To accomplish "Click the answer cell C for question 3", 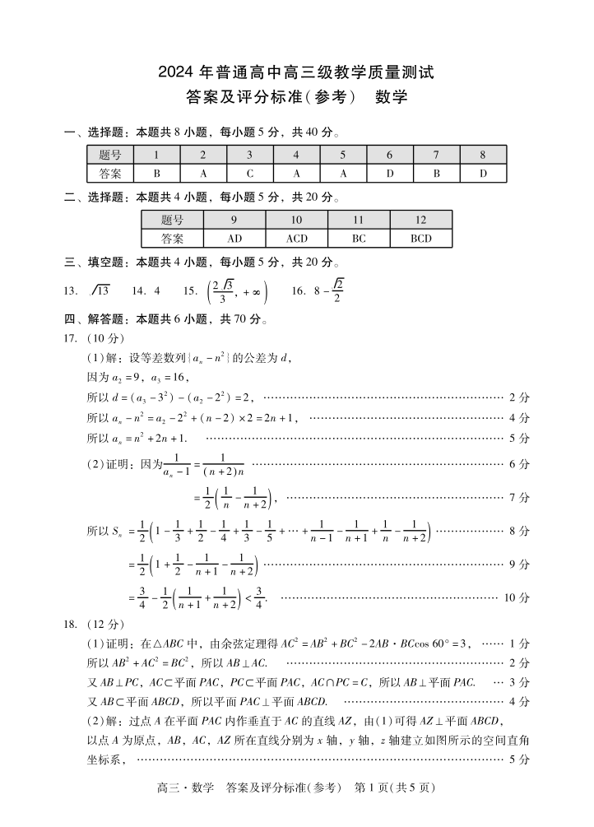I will click(x=250, y=174).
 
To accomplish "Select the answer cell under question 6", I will click(x=390, y=174).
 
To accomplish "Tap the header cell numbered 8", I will click(x=483, y=155).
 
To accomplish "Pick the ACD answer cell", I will click(x=296, y=239).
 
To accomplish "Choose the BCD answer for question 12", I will click(x=420, y=239).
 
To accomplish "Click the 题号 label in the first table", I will click(x=110, y=155).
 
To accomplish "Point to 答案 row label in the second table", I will click(x=172, y=239).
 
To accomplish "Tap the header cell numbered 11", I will click(x=359, y=220).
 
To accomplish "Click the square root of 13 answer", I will click(x=100, y=290).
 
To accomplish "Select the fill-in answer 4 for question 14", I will click(x=156, y=290).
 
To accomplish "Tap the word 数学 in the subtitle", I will click(x=392, y=97).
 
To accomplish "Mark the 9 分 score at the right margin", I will click(x=518, y=564).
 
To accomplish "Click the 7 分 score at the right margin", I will click(x=518, y=497).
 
